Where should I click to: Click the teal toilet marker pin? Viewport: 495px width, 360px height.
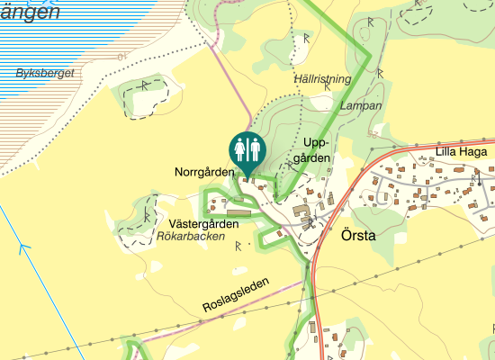pyautogui.click(x=246, y=149)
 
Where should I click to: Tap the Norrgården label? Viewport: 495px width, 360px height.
pyautogui.click(x=204, y=171)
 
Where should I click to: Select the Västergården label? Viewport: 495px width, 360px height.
pyautogui.click(x=202, y=223)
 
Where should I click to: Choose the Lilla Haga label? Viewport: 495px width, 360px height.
pyautogui.click(x=461, y=151)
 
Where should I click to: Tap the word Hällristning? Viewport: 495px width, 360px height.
pyautogui.click(x=322, y=80)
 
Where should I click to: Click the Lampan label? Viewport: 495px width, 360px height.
pyautogui.click(x=362, y=105)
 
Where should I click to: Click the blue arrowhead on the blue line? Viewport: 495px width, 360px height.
pyautogui.click(x=24, y=247)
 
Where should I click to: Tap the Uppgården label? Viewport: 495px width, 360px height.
pyautogui.click(x=318, y=150)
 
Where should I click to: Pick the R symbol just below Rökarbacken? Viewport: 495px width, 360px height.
pyautogui.click(x=238, y=245)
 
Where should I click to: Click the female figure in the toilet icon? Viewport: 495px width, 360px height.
pyautogui.click(x=239, y=146)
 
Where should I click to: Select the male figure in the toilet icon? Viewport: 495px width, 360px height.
pyautogui.click(x=253, y=146)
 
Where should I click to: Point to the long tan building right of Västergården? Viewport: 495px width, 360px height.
pyautogui.click(x=238, y=214)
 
